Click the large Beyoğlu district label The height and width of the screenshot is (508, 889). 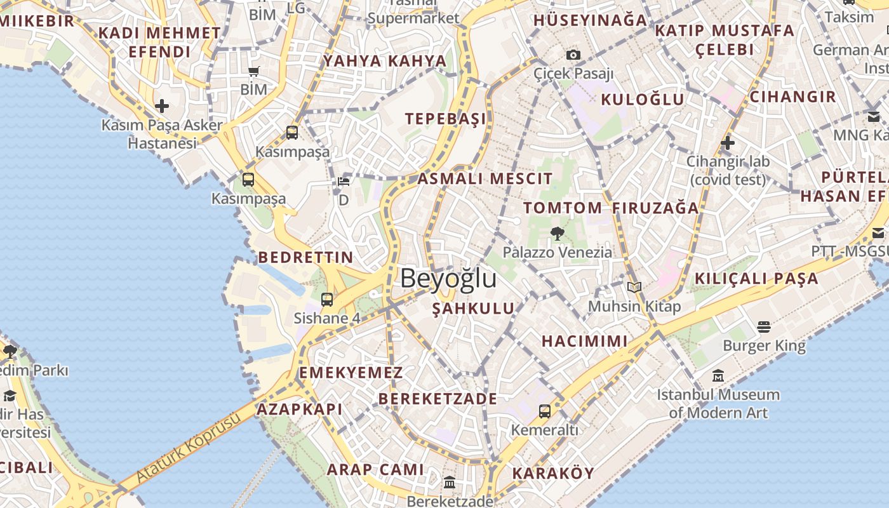click(x=448, y=279)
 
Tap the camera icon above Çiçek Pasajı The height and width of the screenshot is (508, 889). click(x=573, y=55)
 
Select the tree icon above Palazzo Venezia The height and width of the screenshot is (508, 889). click(x=558, y=234)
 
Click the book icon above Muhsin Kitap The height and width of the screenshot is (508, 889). click(x=634, y=287)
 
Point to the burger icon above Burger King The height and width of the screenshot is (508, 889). click(x=764, y=327)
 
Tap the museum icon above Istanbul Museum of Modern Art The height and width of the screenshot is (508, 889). click(x=718, y=376)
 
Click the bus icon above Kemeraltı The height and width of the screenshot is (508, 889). click(x=545, y=411)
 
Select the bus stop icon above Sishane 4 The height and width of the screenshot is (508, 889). click(x=327, y=300)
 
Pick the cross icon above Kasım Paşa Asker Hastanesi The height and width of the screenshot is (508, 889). click(x=162, y=106)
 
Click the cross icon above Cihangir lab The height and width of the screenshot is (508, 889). click(x=728, y=143)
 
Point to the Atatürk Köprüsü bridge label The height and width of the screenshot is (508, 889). click(x=189, y=448)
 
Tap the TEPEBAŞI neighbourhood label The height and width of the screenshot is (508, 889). click(x=446, y=119)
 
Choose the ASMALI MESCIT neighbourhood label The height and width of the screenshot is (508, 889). click(x=485, y=178)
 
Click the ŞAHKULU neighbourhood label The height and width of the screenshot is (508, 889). click(x=473, y=309)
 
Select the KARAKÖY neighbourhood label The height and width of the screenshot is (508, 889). click(x=553, y=473)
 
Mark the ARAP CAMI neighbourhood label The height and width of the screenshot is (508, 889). click(x=375, y=470)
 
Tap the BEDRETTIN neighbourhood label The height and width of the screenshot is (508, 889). click(x=305, y=257)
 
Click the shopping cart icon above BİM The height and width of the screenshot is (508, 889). click(x=253, y=72)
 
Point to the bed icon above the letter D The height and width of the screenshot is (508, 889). click(x=344, y=182)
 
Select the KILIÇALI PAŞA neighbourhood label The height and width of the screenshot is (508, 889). click(x=756, y=278)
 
